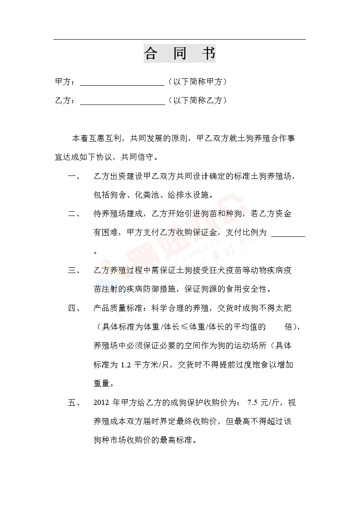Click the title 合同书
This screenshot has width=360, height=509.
pos(179,54)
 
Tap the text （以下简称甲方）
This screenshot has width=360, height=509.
pos(197,82)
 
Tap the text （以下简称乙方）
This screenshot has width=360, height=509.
pos(197,101)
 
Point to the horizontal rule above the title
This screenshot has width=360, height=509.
pos(179,40)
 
